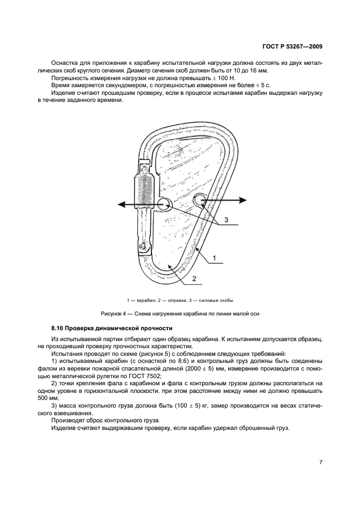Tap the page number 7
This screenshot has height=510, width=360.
click(x=321, y=462)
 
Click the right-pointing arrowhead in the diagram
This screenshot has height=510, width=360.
click(x=241, y=201)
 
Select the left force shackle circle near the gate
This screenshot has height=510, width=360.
click(x=164, y=204)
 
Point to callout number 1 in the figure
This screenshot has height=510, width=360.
click(x=215, y=257)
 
